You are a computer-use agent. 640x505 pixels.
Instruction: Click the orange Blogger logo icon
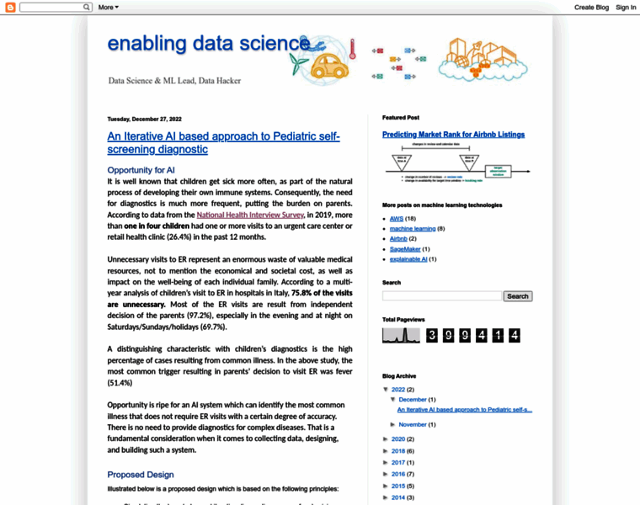(10, 7)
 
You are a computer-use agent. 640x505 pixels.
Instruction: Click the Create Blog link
(591, 7)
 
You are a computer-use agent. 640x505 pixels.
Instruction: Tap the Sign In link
(626, 7)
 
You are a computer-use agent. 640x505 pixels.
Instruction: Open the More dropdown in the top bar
(108, 7)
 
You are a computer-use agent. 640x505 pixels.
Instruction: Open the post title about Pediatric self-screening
(223, 142)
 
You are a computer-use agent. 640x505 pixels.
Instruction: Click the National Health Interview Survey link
(250, 215)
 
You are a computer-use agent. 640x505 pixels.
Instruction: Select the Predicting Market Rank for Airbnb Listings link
(453, 135)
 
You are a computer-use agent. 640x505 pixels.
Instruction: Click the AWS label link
(397, 218)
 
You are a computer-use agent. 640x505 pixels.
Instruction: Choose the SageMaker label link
(404, 249)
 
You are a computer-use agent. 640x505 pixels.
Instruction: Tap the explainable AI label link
(408, 259)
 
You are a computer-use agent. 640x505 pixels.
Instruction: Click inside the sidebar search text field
(441, 296)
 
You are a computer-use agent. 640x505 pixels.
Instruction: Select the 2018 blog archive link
(398, 450)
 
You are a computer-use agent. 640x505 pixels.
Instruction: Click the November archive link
(413, 424)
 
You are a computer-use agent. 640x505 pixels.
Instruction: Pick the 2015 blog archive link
(398, 486)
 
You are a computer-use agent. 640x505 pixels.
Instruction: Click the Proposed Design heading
(141, 475)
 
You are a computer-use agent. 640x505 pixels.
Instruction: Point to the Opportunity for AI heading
(141, 170)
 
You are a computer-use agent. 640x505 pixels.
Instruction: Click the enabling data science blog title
(209, 43)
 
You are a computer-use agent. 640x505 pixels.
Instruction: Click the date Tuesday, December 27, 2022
(144, 119)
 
